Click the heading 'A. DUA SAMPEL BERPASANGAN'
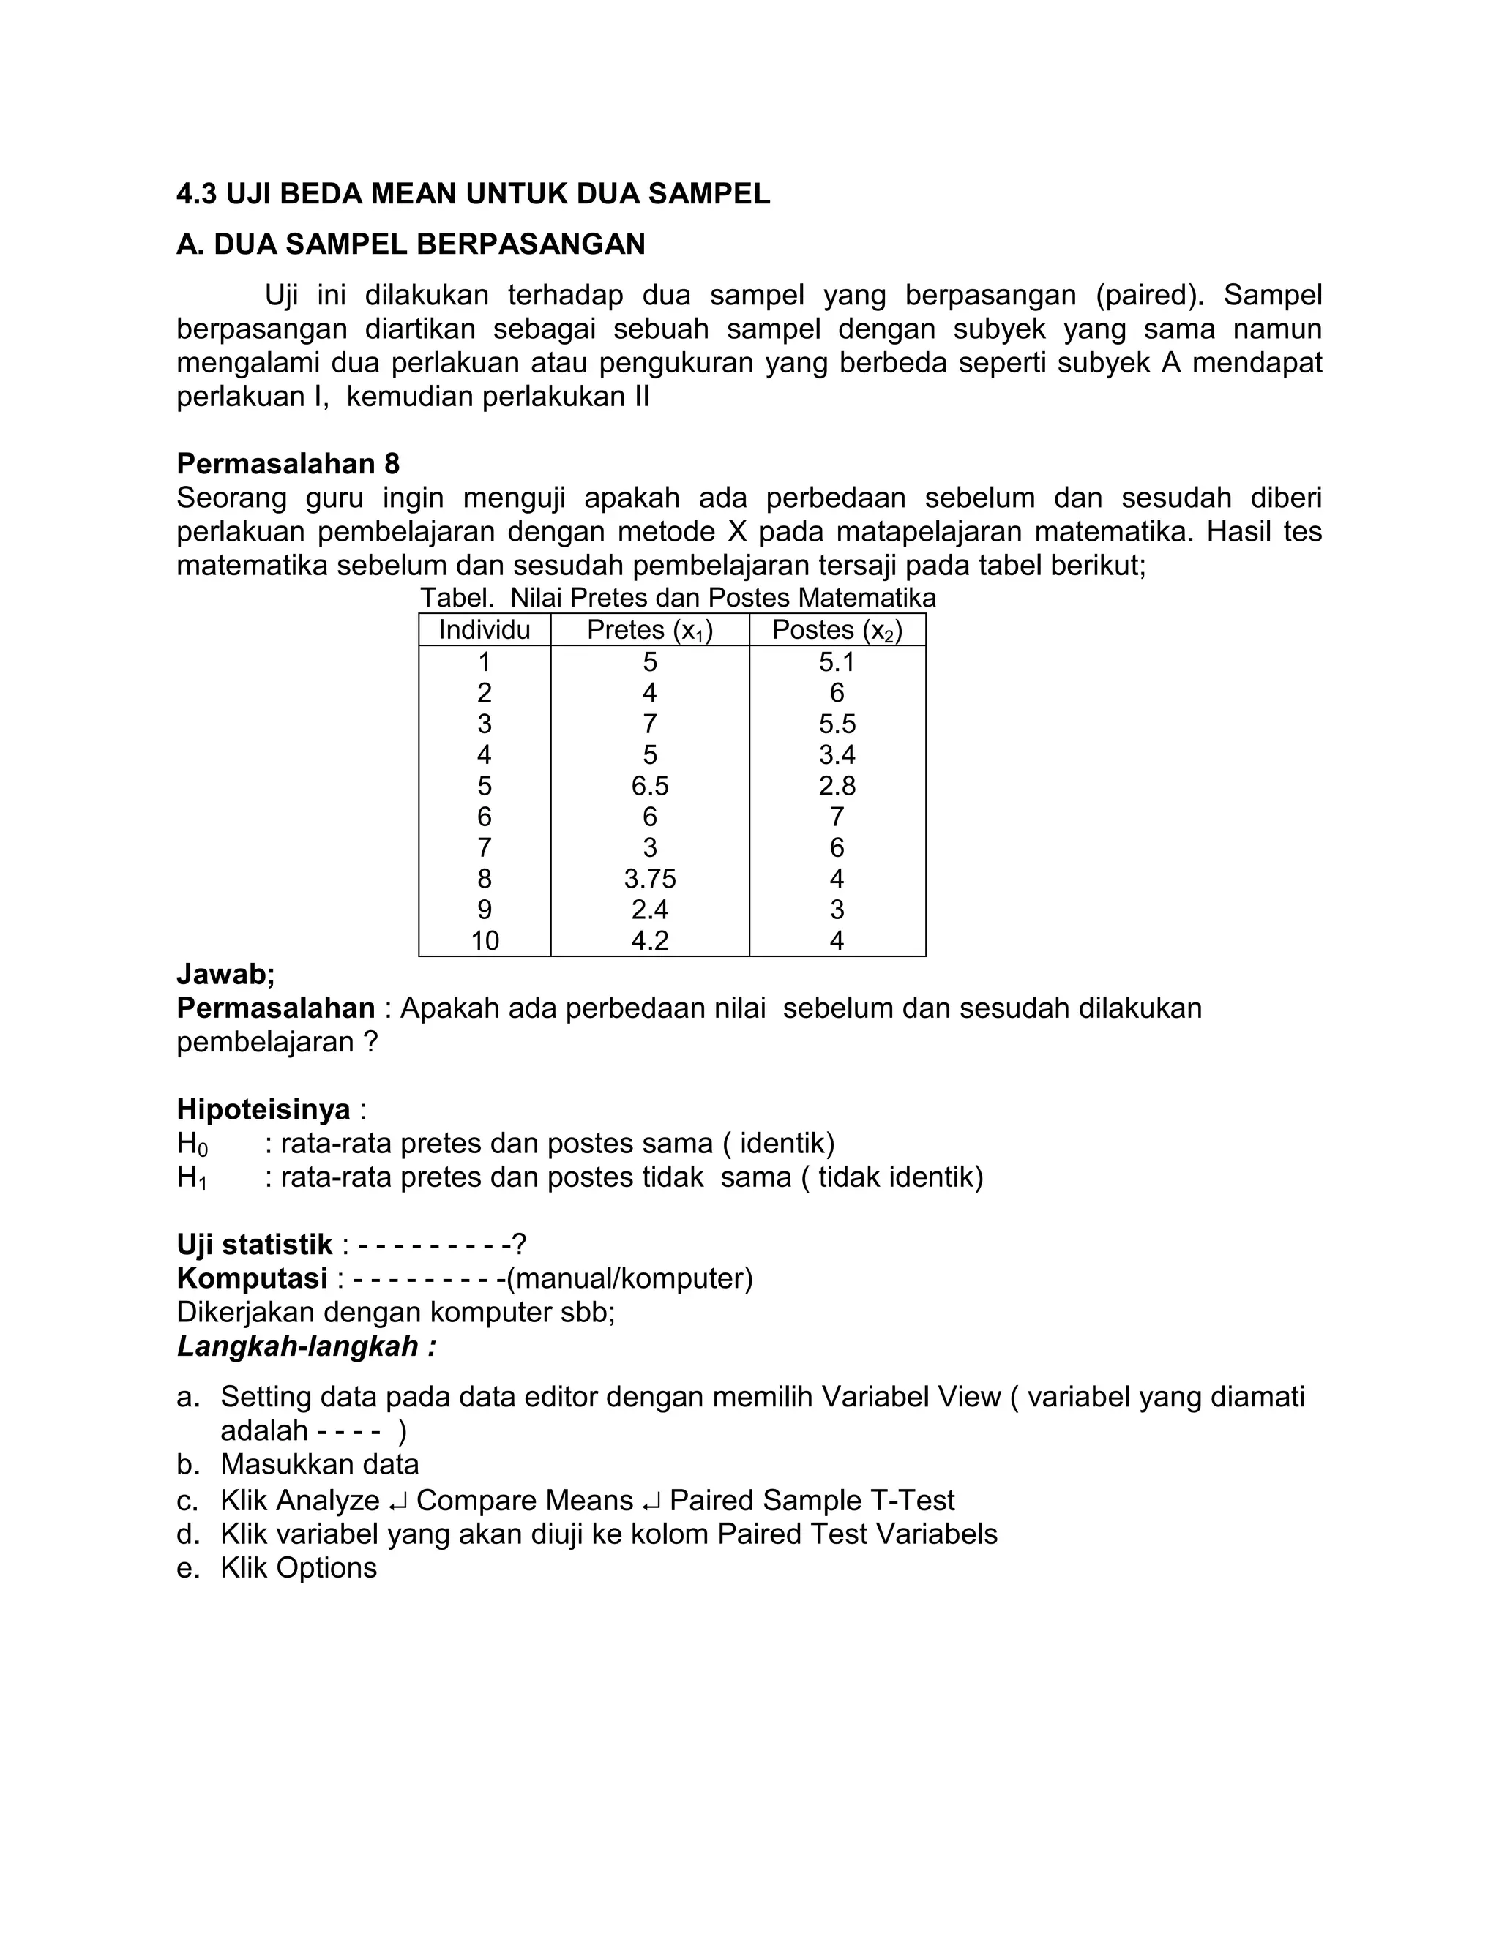pyautogui.click(x=411, y=244)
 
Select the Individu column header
pyautogui.click(x=484, y=629)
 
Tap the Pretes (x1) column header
pyautogui.click(x=650, y=629)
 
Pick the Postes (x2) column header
pyautogui.click(x=837, y=629)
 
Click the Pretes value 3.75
pyautogui.click(x=650, y=878)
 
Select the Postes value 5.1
pyautogui.click(x=837, y=661)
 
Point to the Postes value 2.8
pyautogui.click(x=837, y=786)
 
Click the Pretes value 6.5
pyautogui.click(x=650, y=786)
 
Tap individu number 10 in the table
pyautogui.click(x=484, y=940)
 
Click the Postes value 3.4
pyautogui.click(x=837, y=754)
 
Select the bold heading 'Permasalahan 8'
pyautogui.click(x=288, y=463)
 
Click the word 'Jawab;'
pyautogui.click(x=225, y=974)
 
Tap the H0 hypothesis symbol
pyautogui.click(x=191, y=1144)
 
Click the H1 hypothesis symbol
pyautogui.click(x=191, y=1178)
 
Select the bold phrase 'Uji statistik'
pyautogui.click(x=254, y=1244)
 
